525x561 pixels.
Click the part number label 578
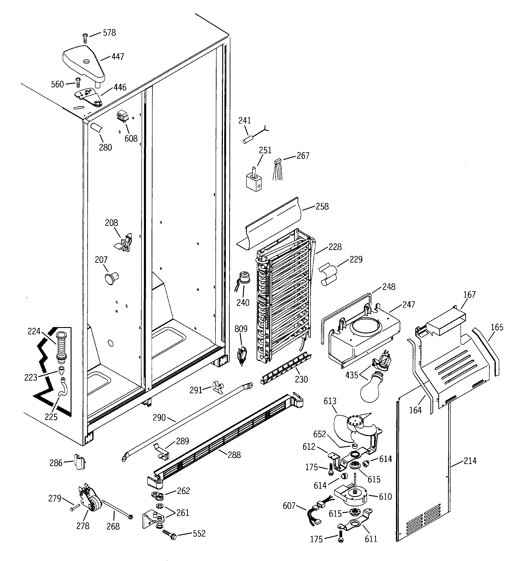click(x=109, y=33)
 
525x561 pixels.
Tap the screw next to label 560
click(x=78, y=83)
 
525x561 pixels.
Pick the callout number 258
click(x=322, y=206)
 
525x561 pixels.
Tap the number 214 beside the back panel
click(x=470, y=461)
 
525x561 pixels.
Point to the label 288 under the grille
click(x=234, y=455)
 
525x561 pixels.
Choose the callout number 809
click(x=241, y=329)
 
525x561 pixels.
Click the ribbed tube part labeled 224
click(x=61, y=347)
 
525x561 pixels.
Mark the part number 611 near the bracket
click(x=371, y=539)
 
